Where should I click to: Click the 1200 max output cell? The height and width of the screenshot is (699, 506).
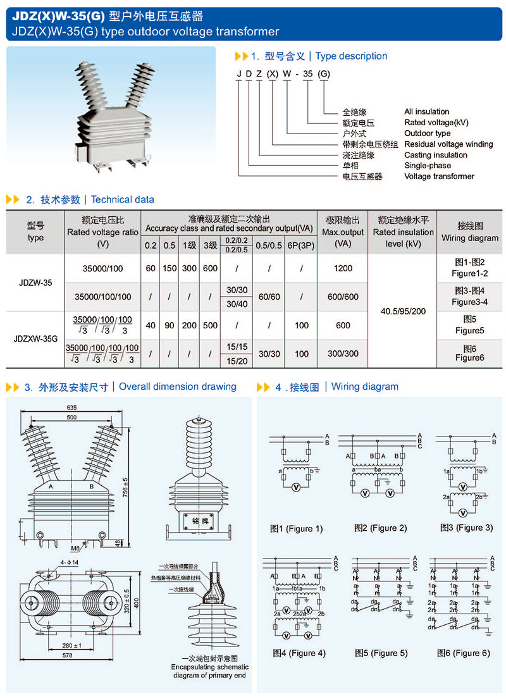pyautogui.click(x=343, y=268)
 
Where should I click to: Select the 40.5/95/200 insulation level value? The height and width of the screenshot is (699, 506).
pyautogui.click(x=402, y=311)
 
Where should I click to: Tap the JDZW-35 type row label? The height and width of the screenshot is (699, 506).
pyautogui.click(x=35, y=283)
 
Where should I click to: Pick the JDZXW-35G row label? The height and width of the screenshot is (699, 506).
pyautogui.click(x=35, y=338)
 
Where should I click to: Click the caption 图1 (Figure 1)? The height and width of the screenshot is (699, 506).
pyautogui.click(x=296, y=528)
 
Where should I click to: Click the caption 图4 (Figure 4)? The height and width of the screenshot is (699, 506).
pyautogui.click(x=299, y=653)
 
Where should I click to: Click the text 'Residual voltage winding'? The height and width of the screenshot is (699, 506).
pyautogui.click(x=448, y=144)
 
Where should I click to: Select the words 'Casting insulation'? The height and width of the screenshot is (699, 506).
pyautogui.click(x=435, y=154)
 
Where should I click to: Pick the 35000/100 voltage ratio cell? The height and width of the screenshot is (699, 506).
pyautogui.click(x=102, y=268)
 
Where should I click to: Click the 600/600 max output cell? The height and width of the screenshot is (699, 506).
pyautogui.click(x=343, y=297)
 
